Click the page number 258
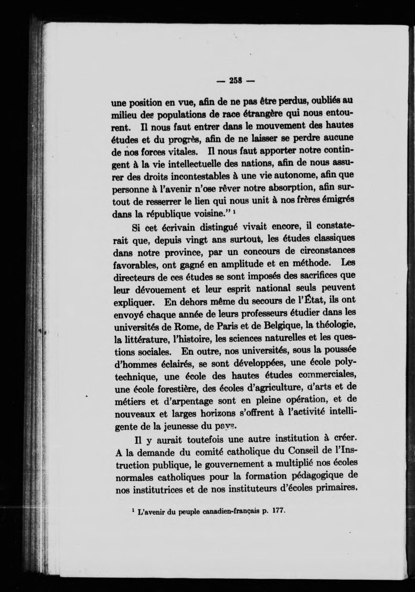coord(235,81)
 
